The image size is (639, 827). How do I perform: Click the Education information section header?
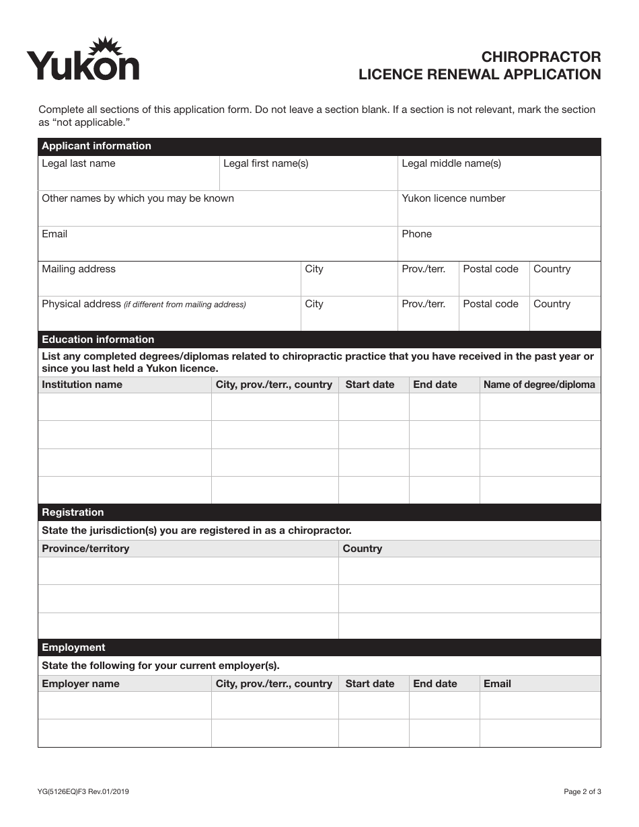[x=98, y=340]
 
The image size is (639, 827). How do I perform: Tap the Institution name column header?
[x=82, y=385]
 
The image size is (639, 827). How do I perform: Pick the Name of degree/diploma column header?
[x=539, y=385]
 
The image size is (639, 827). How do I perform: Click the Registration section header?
[x=73, y=512]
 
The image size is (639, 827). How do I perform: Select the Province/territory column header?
[x=85, y=549]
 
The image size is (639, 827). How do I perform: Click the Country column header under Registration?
[x=362, y=549]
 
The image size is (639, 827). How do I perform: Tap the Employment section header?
[x=73, y=647]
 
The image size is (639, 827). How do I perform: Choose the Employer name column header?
[x=81, y=684]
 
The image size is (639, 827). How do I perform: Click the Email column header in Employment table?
[x=497, y=684]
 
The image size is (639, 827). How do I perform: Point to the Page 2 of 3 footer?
[x=582, y=792]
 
